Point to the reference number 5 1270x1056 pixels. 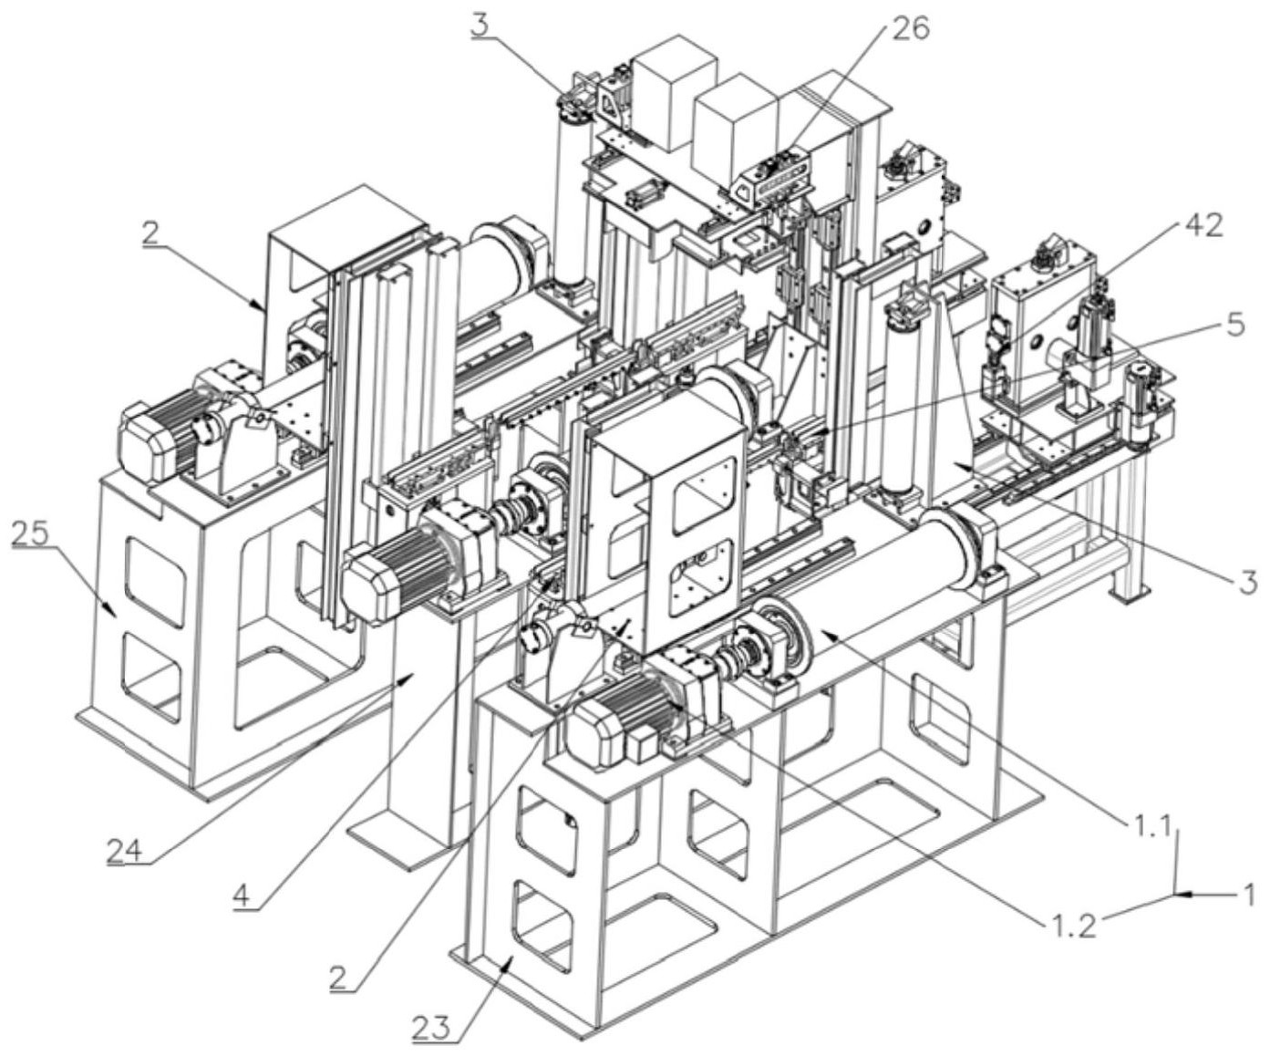pyautogui.click(x=1233, y=325)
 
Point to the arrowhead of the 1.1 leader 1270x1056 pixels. pyautogui.click(x=823, y=632)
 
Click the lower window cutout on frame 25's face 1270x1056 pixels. pyautogui.click(x=152, y=675)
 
